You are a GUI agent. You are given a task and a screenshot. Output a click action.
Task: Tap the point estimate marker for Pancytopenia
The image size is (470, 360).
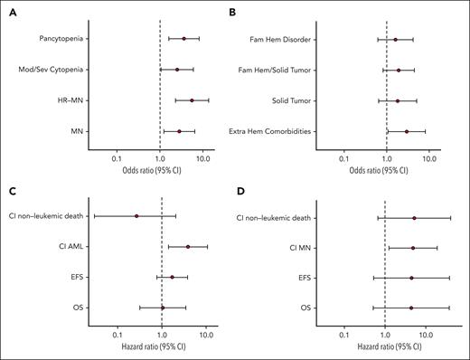183,38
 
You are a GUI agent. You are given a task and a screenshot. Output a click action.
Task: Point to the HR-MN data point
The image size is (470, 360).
192,100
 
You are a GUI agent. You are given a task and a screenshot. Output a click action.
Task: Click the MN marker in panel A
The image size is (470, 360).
179,131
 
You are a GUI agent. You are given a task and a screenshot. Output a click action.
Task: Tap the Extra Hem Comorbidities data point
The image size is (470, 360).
407,131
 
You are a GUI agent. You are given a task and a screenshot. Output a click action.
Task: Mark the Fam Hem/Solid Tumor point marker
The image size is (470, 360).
399,70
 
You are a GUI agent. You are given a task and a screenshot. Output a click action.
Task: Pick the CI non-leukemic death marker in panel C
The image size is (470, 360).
136,216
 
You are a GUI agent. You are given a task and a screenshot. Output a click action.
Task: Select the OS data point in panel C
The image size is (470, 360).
163,308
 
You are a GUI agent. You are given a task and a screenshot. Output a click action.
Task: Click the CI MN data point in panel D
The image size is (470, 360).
413,247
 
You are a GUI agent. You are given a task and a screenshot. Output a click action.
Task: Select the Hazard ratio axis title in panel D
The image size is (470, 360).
384,349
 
